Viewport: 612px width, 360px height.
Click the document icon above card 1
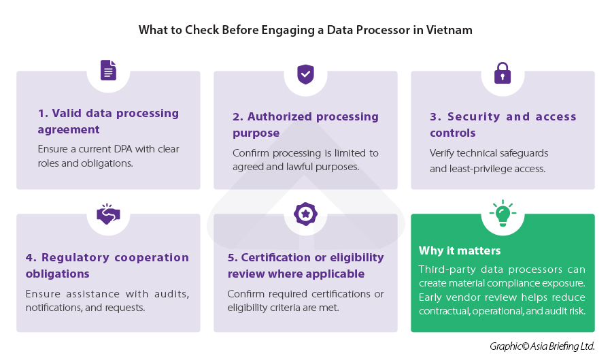coord(108,70)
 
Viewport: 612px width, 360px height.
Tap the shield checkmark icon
coord(305,74)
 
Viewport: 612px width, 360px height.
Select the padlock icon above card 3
coord(503,73)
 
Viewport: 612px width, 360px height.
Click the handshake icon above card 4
coord(108,214)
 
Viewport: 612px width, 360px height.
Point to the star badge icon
coord(305,214)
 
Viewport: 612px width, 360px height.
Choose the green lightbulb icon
coord(503,213)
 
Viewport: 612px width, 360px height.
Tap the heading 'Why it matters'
coord(460,250)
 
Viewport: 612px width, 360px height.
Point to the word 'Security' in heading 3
coord(473,117)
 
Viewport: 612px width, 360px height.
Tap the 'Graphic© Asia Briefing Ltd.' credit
coord(542,346)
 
